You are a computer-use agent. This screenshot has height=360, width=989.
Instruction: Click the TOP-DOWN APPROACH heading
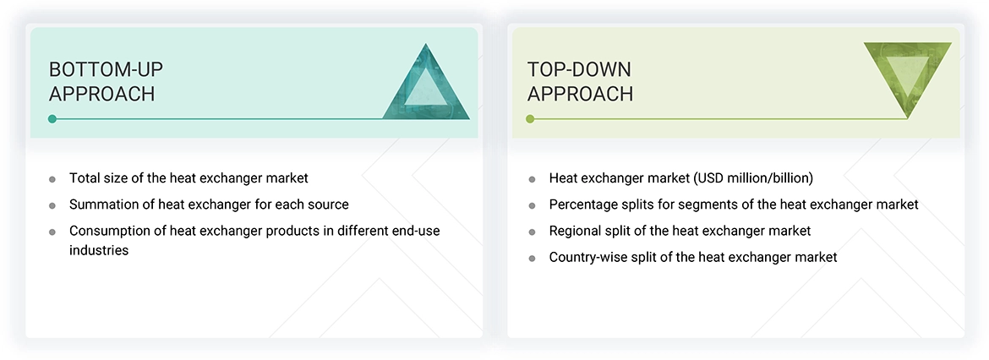[580, 81]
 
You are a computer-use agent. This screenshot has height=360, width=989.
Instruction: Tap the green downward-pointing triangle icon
[907, 78]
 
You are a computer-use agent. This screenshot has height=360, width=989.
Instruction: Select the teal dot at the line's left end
[52, 119]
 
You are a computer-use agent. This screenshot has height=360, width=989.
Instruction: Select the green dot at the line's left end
[530, 119]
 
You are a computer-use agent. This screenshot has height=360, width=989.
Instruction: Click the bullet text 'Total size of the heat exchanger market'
[189, 178]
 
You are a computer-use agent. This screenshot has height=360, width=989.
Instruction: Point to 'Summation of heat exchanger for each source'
[209, 205]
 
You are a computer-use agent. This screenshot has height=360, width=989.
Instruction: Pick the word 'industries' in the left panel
[99, 250]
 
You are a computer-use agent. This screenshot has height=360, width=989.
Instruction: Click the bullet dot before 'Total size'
[52, 179]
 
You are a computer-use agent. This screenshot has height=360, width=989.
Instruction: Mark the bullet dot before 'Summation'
[52, 205]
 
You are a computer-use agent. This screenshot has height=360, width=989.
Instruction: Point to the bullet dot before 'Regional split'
[532, 232]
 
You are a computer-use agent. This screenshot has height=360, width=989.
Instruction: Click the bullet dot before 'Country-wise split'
[532, 258]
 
